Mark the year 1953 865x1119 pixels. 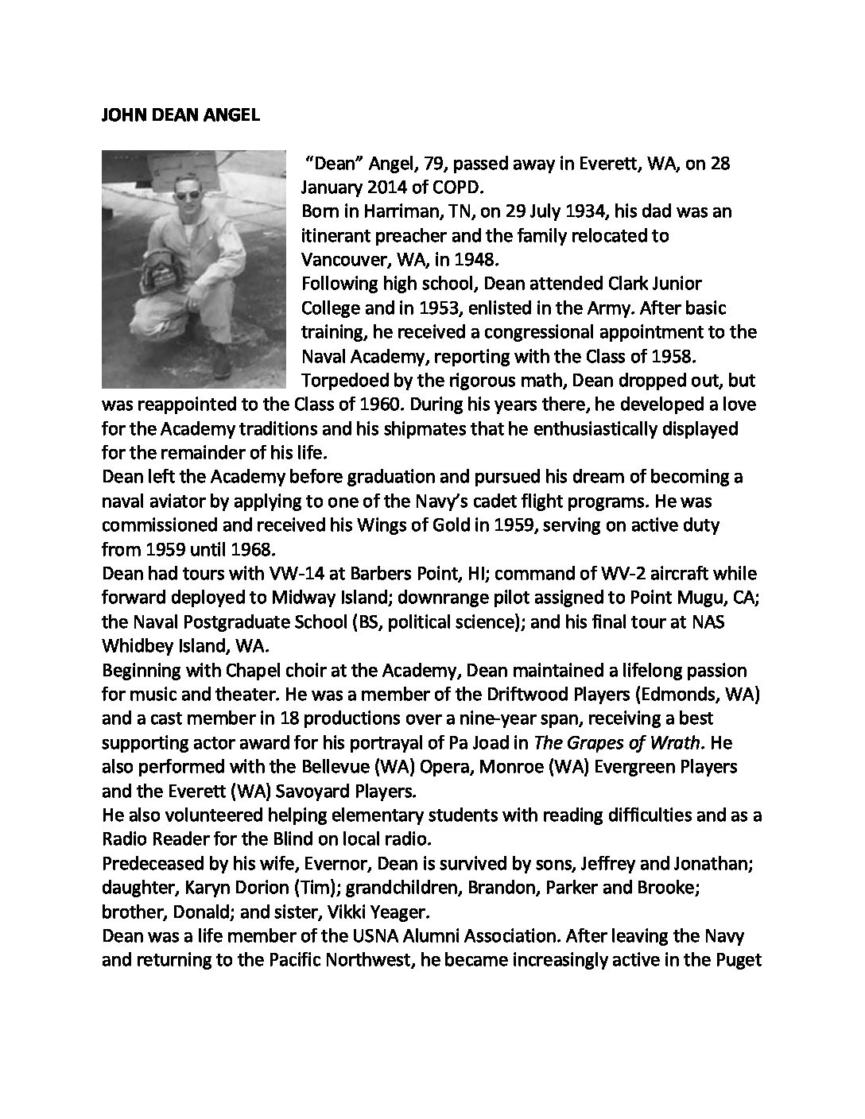435,308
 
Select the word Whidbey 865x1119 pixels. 134,645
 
